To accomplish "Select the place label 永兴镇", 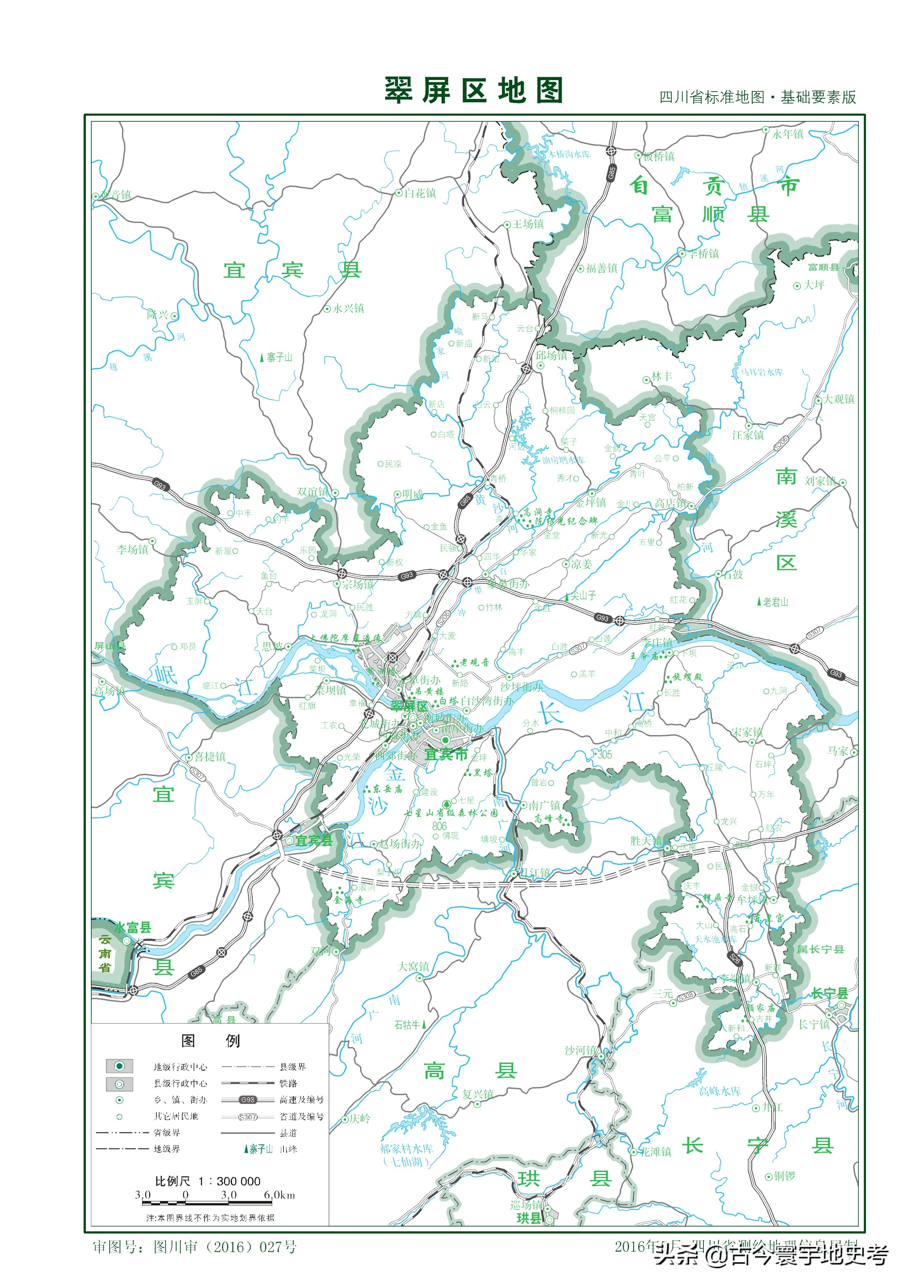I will (348, 308).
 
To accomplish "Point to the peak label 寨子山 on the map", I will (279, 357).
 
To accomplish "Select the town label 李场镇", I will (132, 549).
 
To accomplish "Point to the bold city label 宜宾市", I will (446, 754).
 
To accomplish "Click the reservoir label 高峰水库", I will (719, 1091).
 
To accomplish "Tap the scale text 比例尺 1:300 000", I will (208, 1181).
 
